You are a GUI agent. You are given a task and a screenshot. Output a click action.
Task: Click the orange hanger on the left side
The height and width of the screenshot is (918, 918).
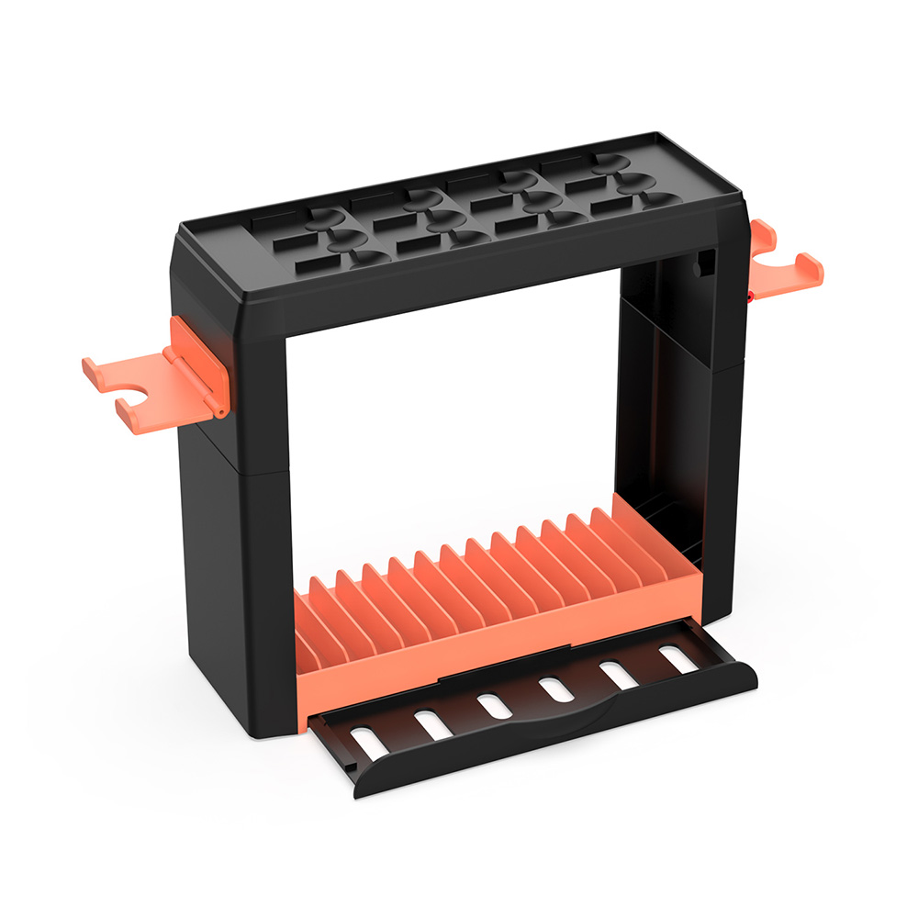[138, 386]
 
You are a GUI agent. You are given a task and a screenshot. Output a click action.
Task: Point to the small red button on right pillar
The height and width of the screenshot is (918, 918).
[751, 296]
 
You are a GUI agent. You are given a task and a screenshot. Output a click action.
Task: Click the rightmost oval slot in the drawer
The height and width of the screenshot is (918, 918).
[677, 657]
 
